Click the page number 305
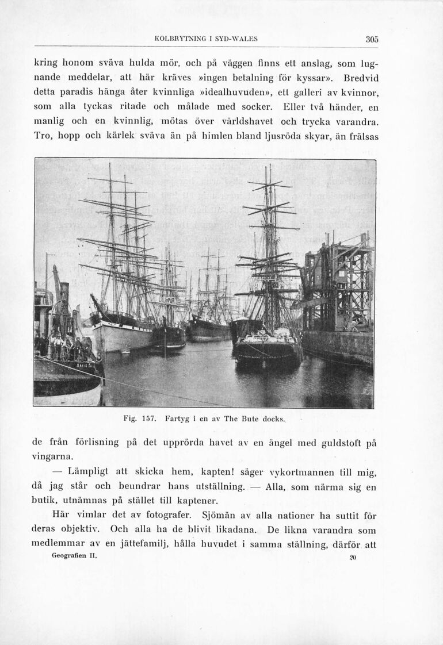(372, 39)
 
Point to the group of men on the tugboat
(63, 347)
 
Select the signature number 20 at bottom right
(353, 557)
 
